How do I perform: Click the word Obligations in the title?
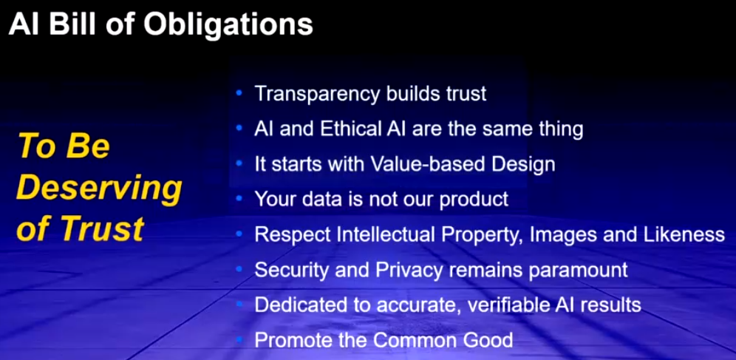click(228, 24)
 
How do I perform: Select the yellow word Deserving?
click(99, 189)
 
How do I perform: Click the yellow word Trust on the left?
click(102, 228)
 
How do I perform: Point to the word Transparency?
click(317, 95)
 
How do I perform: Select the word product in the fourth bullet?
click(474, 200)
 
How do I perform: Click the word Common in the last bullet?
click(420, 340)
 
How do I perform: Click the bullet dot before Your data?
click(239, 199)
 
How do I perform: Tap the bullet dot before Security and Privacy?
click(239, 270)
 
